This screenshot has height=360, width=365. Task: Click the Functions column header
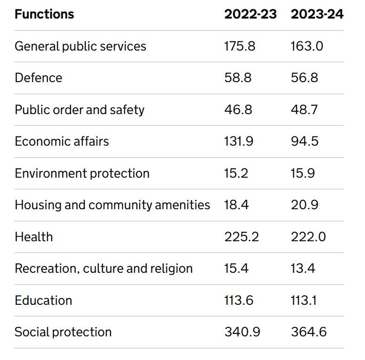point(44,14)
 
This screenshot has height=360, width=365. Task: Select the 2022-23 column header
point(250,14)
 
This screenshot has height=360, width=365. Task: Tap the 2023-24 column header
point(317,14)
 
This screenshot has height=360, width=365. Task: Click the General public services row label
point(80,46)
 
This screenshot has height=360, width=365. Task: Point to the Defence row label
point(38,78)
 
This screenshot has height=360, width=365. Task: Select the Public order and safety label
point(79,110)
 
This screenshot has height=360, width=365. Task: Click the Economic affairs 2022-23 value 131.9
point(239,141)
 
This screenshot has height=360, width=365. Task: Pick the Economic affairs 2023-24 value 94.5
point(305,141)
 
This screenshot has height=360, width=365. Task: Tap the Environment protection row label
point(82,174)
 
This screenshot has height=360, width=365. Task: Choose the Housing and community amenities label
point(112,205)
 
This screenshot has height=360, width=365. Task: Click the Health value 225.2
point(241,237)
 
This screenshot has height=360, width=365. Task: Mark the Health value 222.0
point(308,237)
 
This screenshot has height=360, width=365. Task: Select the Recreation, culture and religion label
point(104,269)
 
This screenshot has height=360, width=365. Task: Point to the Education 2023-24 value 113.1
point(304,301)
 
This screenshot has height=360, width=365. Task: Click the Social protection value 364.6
point(309,332)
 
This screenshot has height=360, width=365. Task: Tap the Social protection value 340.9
point(242,332)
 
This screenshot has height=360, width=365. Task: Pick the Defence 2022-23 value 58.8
point(238,78)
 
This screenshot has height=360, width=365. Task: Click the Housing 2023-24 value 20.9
point(305,205)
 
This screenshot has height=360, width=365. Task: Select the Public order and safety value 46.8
point(238,110)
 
